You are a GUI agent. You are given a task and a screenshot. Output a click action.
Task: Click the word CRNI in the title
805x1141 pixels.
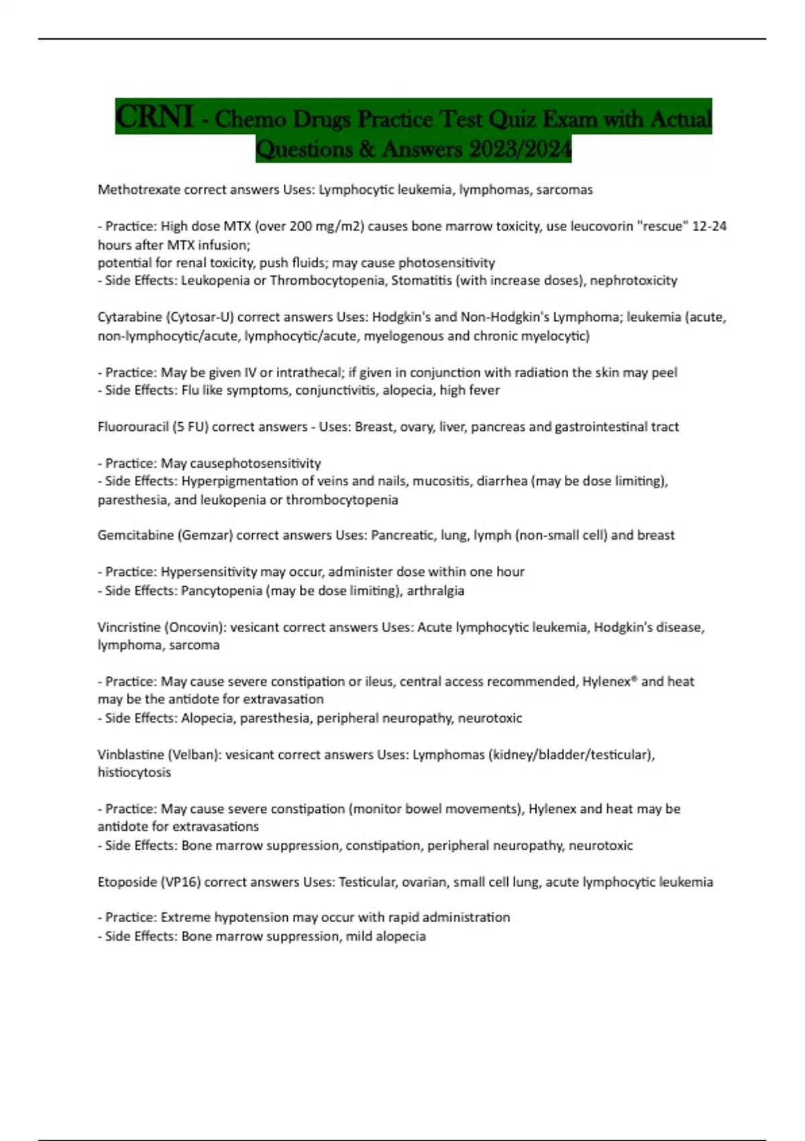tap(154, 117)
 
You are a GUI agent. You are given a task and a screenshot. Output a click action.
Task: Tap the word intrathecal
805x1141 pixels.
tap(309, 373)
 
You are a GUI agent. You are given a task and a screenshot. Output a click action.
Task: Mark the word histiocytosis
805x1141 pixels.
tap(134, 773)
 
